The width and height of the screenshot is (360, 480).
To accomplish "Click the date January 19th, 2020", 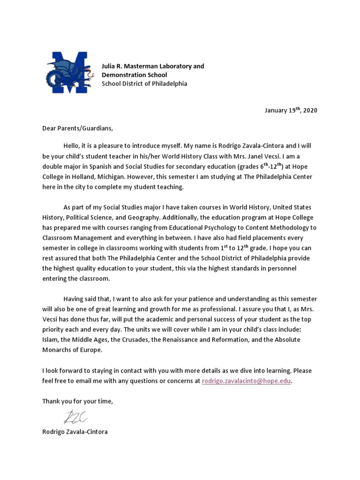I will [291, 111].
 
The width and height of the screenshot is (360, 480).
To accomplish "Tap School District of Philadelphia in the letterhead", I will [144, 83].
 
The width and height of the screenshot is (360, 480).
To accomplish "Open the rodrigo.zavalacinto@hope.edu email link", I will [246, 381].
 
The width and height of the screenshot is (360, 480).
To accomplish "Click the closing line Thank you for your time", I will [78, 401].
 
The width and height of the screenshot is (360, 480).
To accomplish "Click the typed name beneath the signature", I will [75, 431].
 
